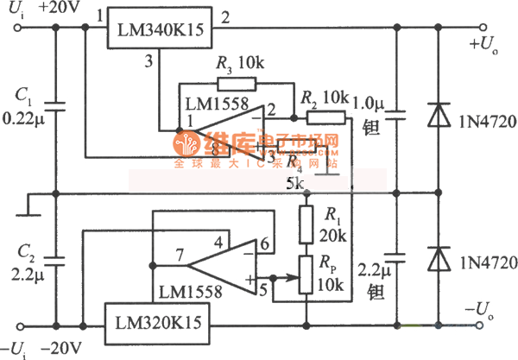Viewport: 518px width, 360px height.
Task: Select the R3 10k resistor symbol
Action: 237,84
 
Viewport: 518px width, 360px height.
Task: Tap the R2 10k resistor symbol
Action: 325,118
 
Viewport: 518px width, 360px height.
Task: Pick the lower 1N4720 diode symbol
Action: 440,258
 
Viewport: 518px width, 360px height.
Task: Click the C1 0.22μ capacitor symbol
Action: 54,107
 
